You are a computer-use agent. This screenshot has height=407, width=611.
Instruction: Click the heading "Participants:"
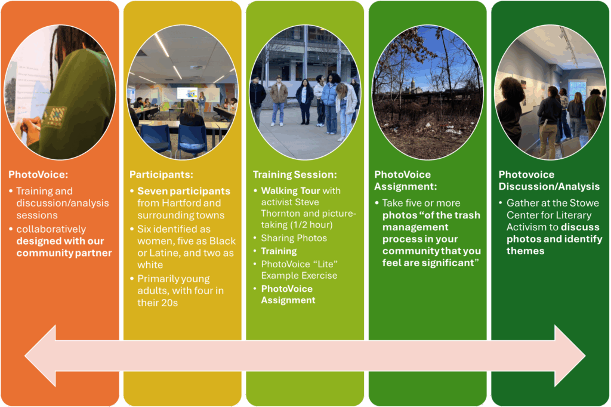click(x=161, y=174)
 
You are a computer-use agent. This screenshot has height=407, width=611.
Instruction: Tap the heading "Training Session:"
click(x=295, y=174)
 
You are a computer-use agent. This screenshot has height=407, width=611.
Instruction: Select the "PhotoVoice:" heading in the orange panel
click(x=38, y=174)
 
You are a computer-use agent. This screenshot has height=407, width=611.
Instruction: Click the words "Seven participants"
click(x=184, y=191)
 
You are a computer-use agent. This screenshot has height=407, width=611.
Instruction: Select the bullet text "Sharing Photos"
click(x=294, y=238)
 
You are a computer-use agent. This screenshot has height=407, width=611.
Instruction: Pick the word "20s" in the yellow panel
click(x=169, y=303)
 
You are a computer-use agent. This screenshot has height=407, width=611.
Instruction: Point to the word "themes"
click(x=525, y=251)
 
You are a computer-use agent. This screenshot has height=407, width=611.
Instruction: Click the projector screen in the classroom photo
click(x=187, y=94)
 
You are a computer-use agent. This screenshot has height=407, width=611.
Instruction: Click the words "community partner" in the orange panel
click(x=64, y=253)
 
